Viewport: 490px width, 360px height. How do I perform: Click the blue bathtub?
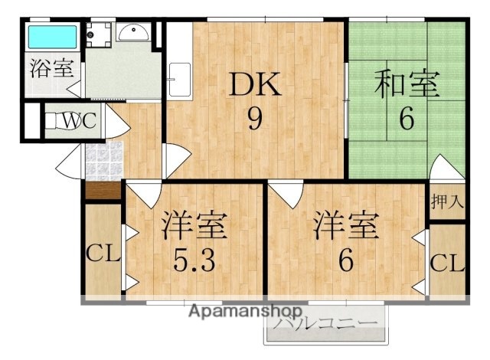click(53, 37)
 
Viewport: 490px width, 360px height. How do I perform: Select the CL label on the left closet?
click(102, 253)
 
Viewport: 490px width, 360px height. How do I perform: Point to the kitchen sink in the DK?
click(179, 77)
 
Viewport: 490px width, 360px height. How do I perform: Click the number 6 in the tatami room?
click(405, 119)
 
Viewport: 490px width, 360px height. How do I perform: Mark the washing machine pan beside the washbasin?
click(97, 33)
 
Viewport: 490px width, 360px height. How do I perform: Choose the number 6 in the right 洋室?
click(345, 260)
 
